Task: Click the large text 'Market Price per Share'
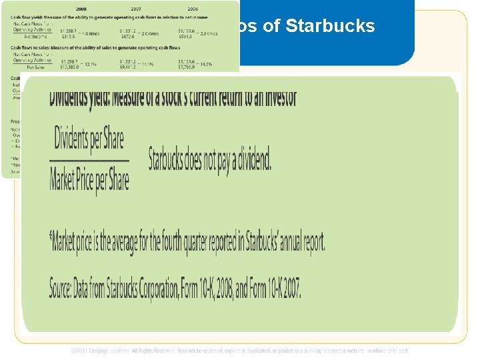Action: point(89,179)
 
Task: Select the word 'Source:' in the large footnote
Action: point(67,288)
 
